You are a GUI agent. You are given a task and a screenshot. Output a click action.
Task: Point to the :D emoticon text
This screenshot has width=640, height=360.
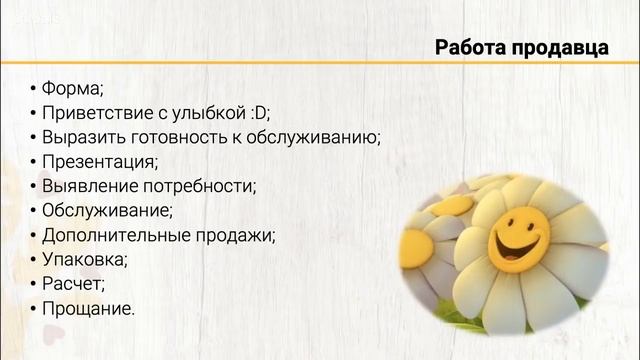click(257, 111)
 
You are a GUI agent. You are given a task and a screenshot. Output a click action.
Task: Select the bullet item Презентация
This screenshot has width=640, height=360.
click(99, 160)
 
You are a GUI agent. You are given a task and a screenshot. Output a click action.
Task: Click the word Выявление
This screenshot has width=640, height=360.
click(87, 185)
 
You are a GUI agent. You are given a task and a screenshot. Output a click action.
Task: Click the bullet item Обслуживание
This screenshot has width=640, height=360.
click(106, 210)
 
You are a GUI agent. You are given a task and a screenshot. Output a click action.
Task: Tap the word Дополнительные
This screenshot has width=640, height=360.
click(112, 235)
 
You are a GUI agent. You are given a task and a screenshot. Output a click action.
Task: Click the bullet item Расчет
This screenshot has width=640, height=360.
click(72, 284)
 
